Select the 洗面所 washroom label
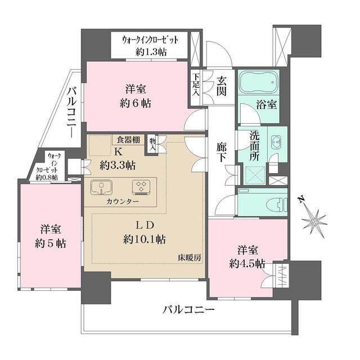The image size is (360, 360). pos(255,146)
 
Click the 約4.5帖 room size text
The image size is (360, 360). pos(243,263)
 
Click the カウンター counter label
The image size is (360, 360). pos(122,201)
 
